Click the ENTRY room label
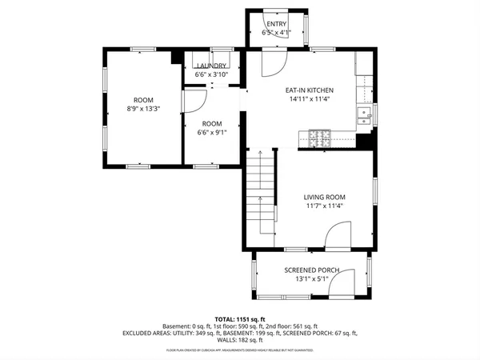276,24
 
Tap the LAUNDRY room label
213,66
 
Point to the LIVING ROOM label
324,197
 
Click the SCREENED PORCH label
311,270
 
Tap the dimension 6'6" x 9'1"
212,133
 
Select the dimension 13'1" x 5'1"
311,280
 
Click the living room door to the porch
338,237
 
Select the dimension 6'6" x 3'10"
213,74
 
